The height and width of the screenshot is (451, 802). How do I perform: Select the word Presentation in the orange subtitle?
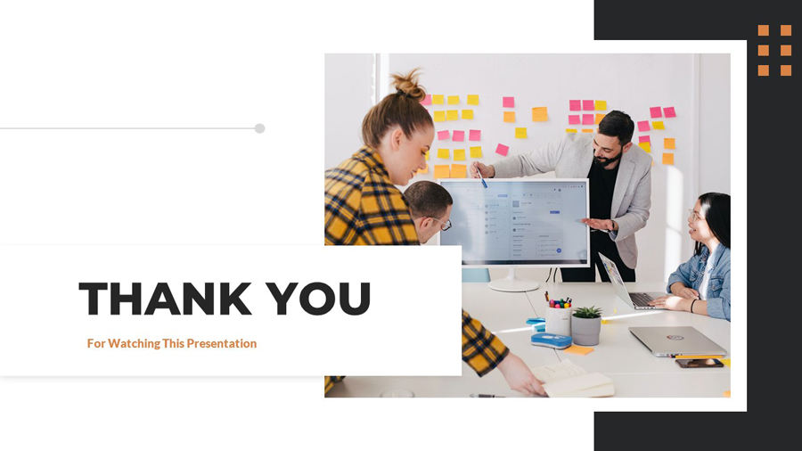click(220, 343)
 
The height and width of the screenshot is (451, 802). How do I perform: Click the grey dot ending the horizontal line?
click(259, 128)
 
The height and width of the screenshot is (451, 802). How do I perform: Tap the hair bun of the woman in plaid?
click(408, 85)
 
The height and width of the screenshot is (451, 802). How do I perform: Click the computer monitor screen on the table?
click(514, 220)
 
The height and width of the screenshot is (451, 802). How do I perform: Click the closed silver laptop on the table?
click(677, 340)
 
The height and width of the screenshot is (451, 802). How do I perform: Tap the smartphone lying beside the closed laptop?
click(699, 363)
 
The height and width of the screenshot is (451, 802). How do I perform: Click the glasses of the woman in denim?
click(693, 217)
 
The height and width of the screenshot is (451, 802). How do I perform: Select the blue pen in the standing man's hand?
click(480, 176)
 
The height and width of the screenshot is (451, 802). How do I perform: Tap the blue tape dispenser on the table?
click(551, 340)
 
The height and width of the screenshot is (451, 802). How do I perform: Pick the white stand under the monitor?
click(514, 279)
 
